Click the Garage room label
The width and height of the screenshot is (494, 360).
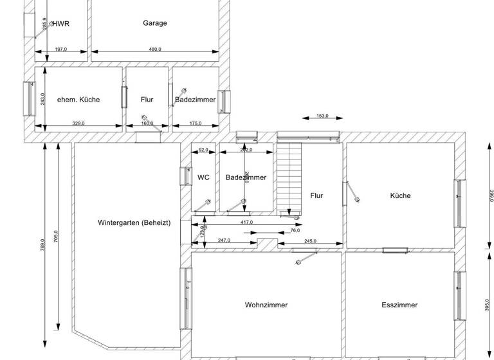155,23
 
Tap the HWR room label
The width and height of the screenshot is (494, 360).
61,24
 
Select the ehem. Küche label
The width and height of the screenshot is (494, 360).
78,100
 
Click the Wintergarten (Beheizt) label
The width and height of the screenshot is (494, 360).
134,223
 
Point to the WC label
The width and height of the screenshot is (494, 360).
203,177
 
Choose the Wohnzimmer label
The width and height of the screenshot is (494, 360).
266,305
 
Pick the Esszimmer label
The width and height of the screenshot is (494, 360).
399,305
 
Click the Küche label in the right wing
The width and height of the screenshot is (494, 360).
400,195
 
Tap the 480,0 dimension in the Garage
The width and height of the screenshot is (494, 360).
155,49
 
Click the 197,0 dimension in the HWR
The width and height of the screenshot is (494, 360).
61,49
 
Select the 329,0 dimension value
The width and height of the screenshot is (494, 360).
78,123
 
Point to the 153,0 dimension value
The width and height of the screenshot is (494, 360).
323,116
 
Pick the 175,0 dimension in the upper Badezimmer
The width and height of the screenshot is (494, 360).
196,123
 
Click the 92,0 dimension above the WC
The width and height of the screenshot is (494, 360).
204,150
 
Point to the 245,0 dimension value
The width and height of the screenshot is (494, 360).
309,241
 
